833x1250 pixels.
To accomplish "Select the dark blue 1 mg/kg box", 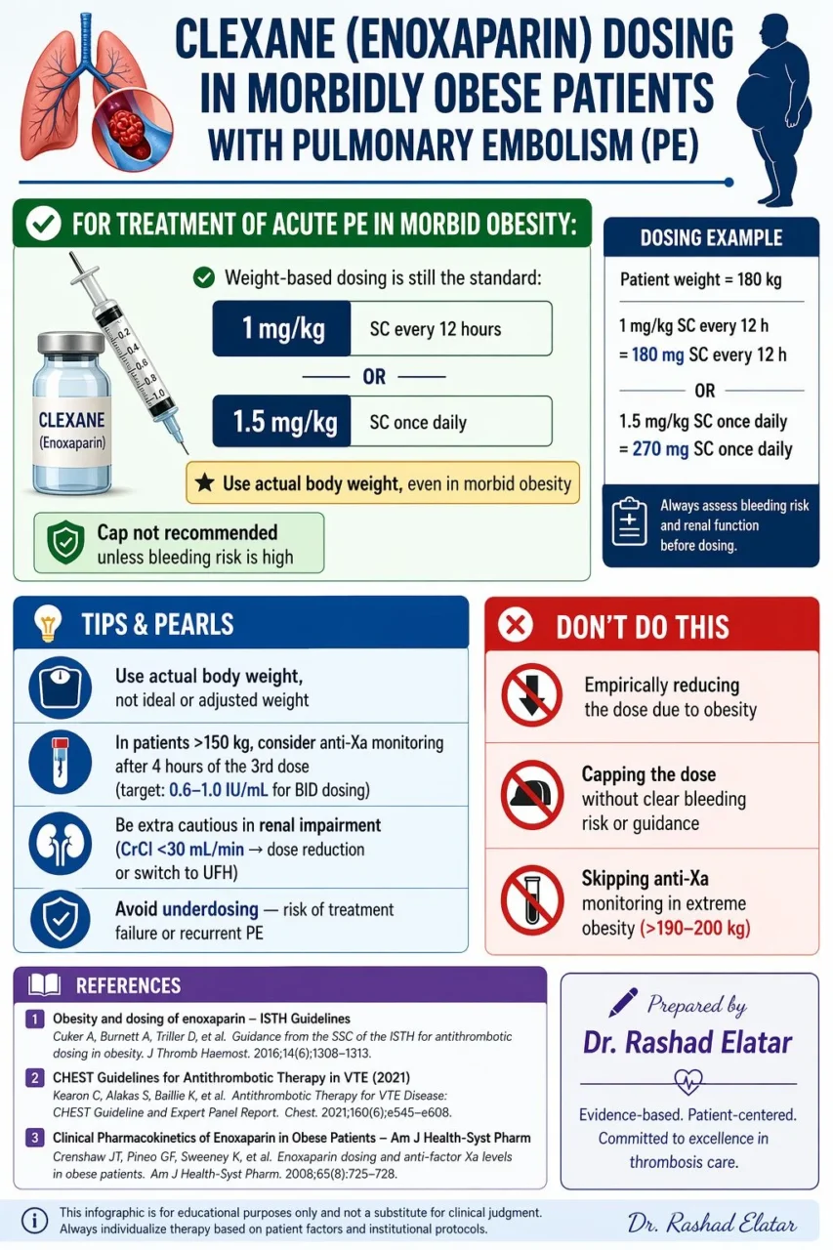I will pyautogui.click(x=282, y=328).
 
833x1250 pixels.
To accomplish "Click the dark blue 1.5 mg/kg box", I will pyautogui.click(x=282, y=422).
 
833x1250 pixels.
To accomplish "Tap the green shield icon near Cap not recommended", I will pyautogui.click(x=66, y=543).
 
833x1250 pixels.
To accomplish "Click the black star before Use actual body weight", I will pyautogui.click(x=204, y=483).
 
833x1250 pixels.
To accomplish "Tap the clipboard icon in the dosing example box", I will pyautogui.click(x=630, y=524).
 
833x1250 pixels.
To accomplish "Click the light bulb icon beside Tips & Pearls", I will pyautogui.click(x=49, y=623).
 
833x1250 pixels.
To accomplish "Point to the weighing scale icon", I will pyautogui.click(x=61, y=687).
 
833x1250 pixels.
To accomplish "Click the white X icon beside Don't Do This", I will pyautogui.click(x=516, y=625).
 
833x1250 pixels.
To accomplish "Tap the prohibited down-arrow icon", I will pyautogui.click(x=531, y=696).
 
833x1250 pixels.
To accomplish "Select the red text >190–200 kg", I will pyautogui.click(x=695, y=928).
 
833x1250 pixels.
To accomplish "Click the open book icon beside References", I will pyautogui.click(x=44, y=985).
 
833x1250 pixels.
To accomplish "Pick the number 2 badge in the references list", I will pyautogui.click(x=34, y=1077).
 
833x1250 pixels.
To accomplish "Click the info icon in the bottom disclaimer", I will pyautogui.click(x=34, y=1220).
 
